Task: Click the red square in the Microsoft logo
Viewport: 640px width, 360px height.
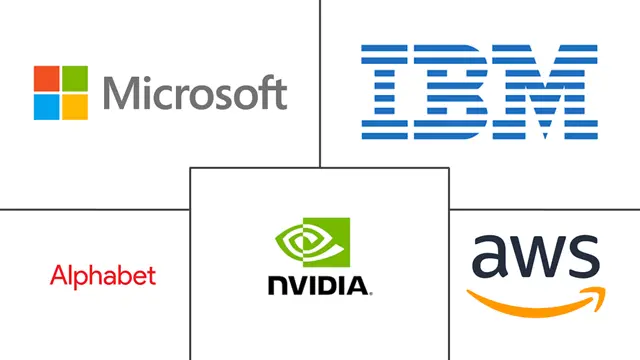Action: (x=46, y=79)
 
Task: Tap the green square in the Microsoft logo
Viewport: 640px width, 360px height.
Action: (x=73, y=79)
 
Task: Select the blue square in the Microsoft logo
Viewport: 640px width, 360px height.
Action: (x=46, y=106)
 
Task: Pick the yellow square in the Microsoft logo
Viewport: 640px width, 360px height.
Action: (x=73, y=106)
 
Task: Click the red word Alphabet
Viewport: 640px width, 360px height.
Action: (x=102, y=275)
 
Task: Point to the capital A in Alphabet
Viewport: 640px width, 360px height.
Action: (x=57, y=275)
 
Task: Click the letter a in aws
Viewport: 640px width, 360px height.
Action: (x=488, y=258)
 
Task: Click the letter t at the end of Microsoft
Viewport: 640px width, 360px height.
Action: (x=280, y=93)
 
